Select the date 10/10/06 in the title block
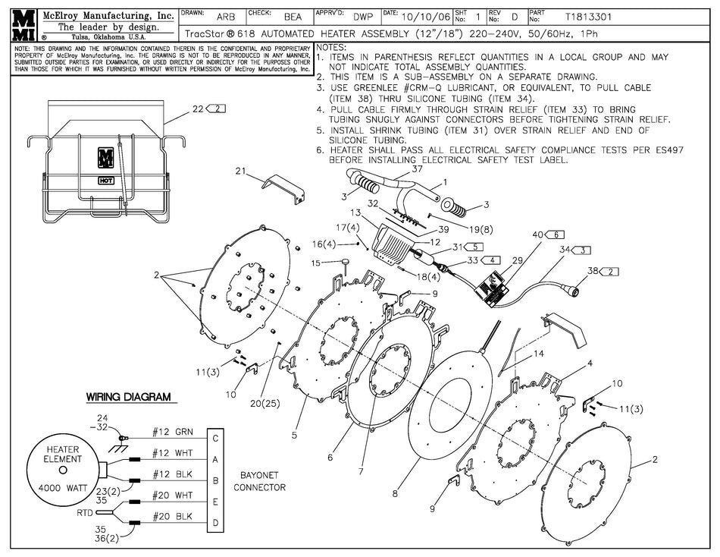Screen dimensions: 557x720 (x=424, y=16)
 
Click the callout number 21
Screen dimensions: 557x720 (x=242, y=172)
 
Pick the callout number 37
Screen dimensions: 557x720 (x=416, y=169)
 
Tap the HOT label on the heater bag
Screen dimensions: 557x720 (x=105, y=181)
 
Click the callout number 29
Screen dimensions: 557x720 (x=517, y=260)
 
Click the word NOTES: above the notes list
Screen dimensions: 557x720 (x=333, y=47)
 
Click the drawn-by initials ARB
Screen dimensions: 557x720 (x=225, y=16)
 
